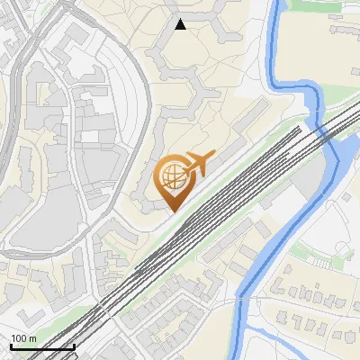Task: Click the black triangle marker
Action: (180, 24)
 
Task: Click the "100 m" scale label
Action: (23, 338)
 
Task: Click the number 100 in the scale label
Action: (19, 338)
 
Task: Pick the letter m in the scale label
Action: (33, 338)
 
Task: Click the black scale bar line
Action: (41, 346)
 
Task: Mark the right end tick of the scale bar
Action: (74, 345)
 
